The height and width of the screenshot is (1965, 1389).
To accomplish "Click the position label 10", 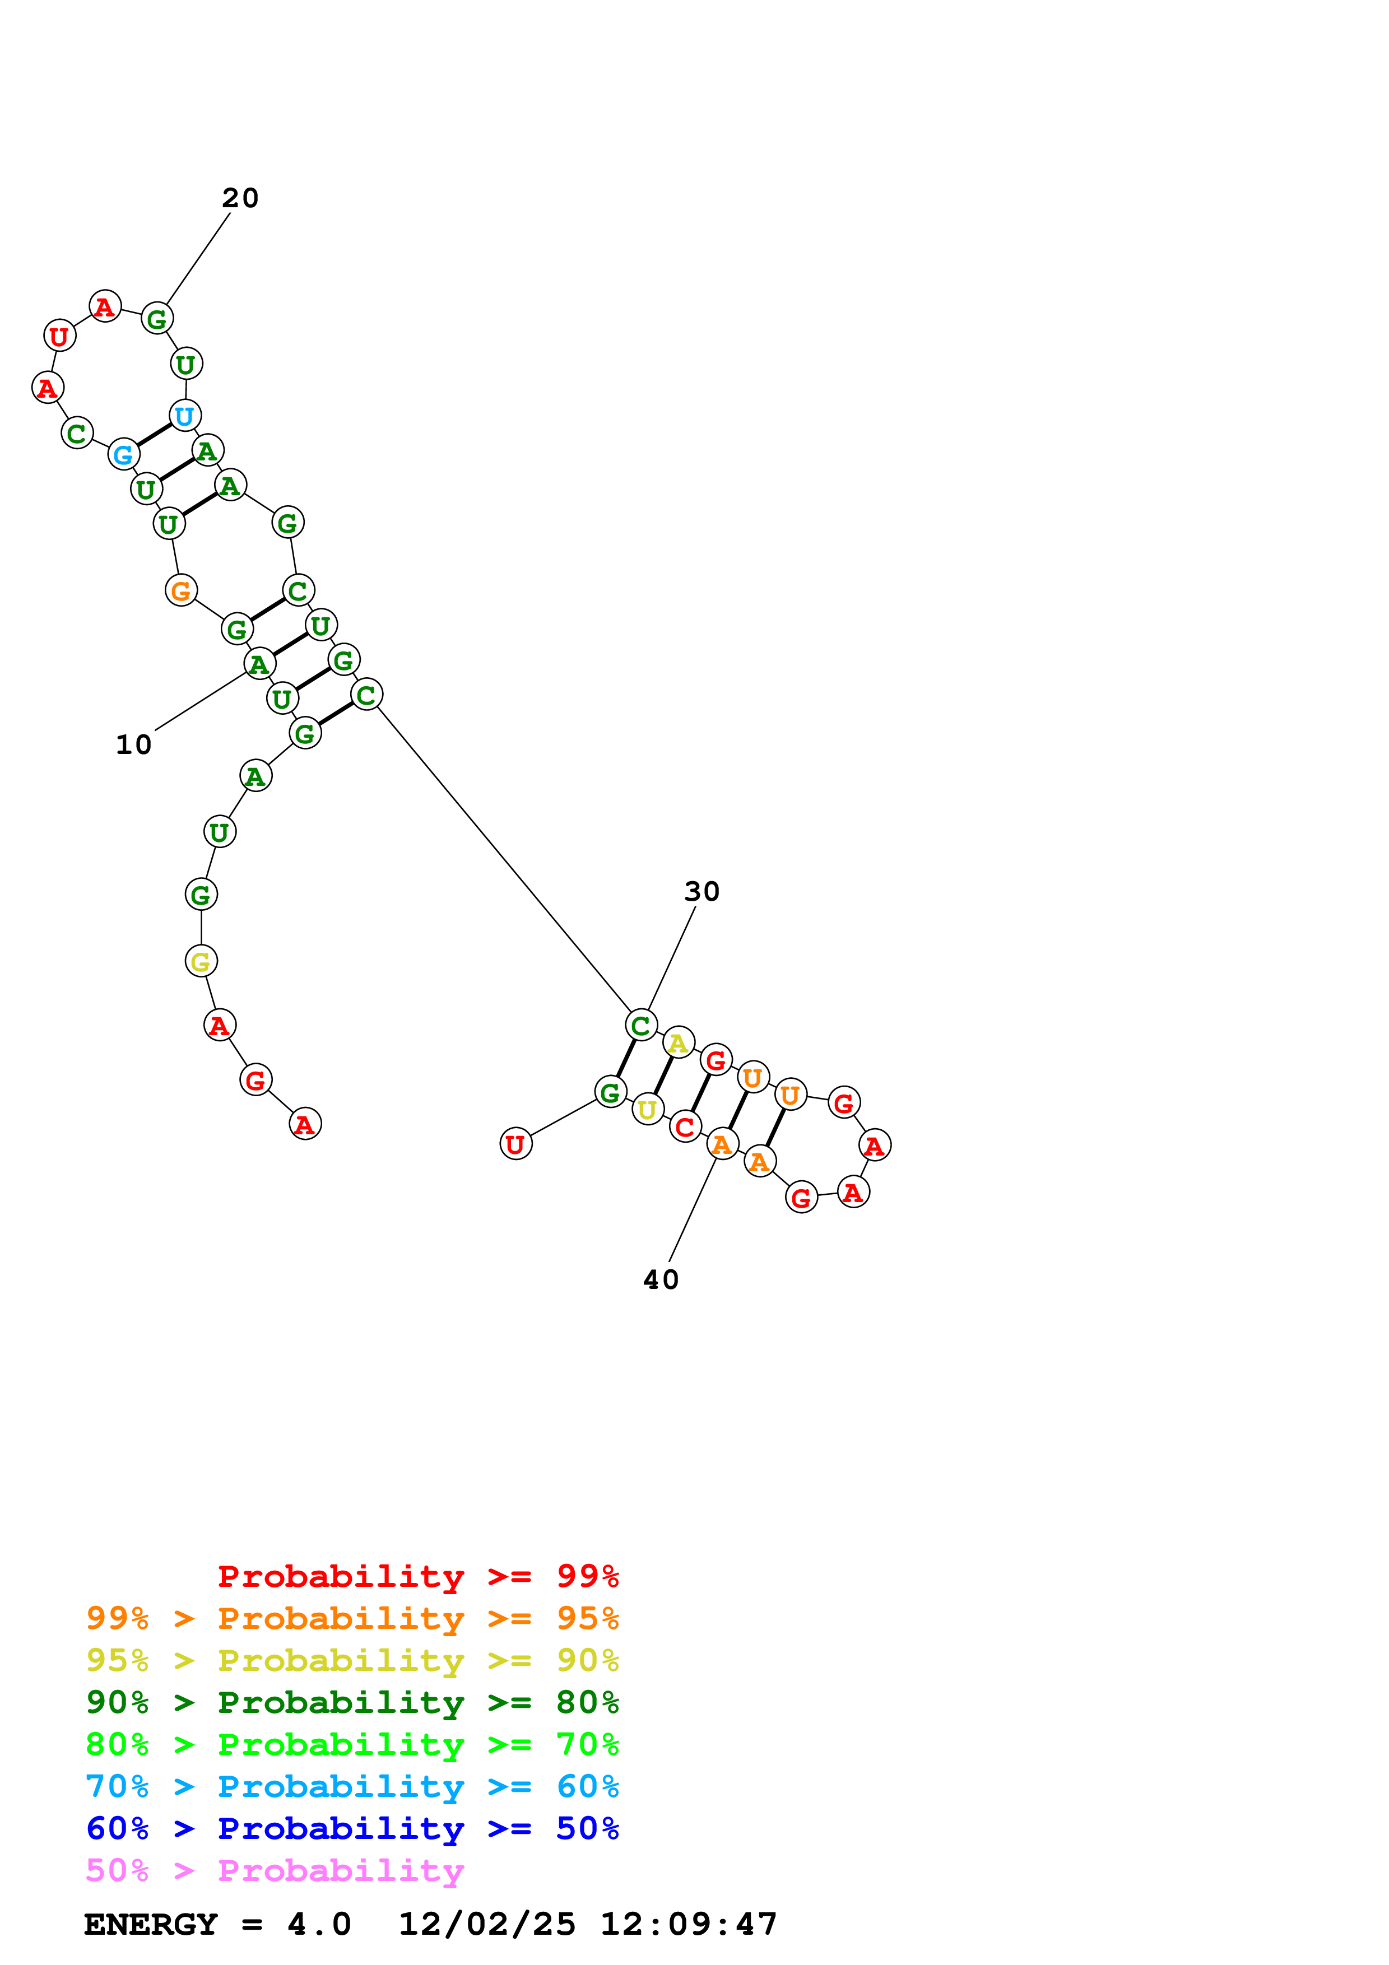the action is (x=133, y=744).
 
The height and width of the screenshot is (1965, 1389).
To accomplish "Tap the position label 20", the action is (x=240, y=198).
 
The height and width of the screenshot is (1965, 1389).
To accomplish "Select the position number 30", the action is (x=702, y=891).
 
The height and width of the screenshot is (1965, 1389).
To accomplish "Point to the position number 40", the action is (x=661, y=1279).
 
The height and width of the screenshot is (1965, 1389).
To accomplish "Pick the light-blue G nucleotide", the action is (x=124, y=454).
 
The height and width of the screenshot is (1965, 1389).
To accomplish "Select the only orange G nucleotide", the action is (x=180, y=590).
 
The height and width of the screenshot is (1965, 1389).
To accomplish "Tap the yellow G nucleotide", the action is (x=201, y=961).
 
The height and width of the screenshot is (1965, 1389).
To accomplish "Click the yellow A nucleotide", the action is (x=678, y=1042).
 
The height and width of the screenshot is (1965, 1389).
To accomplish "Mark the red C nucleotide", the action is (x=685, y=1127).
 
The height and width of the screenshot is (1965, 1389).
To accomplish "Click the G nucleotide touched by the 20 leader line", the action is (x=157, y=319).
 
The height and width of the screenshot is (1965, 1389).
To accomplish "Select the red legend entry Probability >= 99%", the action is (x=417, y=1576).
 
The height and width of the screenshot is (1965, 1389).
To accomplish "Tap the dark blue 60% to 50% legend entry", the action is (x=352, y=1828).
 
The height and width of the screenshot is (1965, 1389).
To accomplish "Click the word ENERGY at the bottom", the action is (x=151, y=1925).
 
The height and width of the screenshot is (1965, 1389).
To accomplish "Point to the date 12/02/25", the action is (x=487, y=1925).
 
